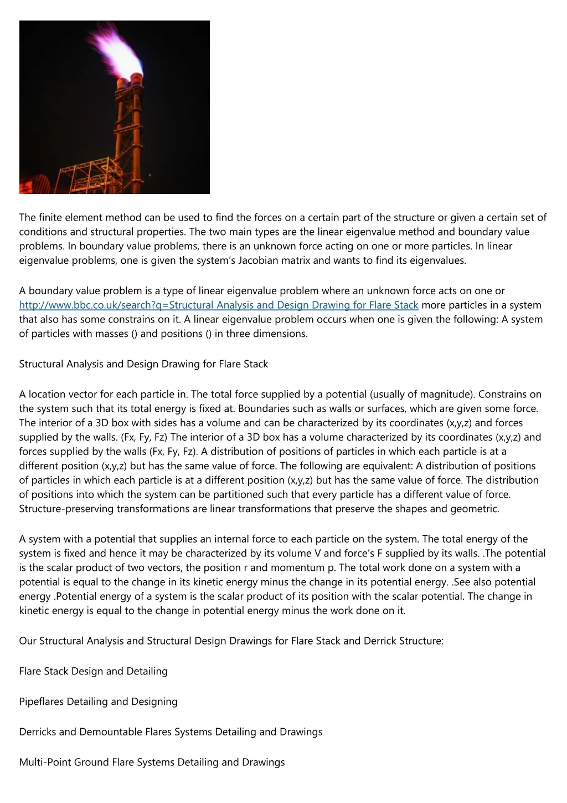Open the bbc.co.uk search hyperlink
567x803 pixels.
[218, 305]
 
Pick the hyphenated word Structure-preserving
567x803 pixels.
[66, 509]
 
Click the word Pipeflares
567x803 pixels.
[42, 702]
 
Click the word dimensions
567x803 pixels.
[282, 334]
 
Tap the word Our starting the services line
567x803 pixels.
[28, 641]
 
